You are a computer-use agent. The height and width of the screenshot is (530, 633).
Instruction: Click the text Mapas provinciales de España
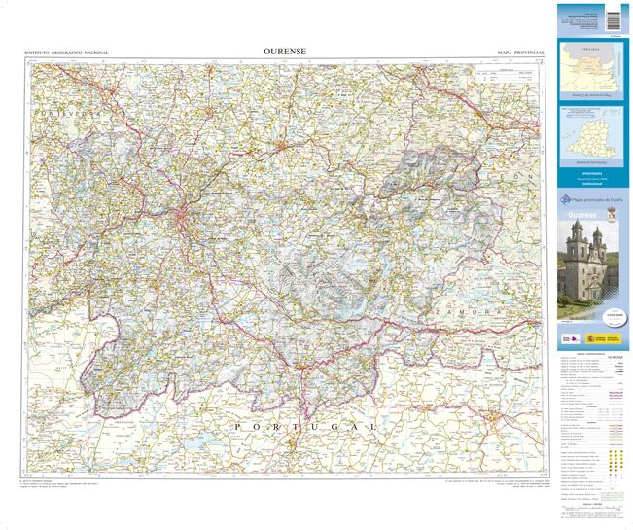(595, 199)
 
